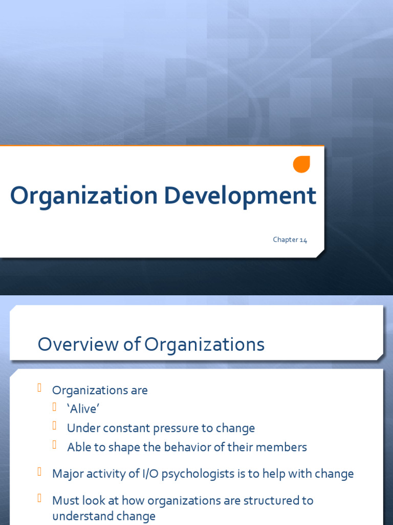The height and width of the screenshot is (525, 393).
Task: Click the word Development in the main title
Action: pos(241,196)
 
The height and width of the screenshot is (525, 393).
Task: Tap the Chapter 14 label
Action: pos(290,240)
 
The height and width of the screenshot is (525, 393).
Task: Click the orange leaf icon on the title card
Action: pos(301,165)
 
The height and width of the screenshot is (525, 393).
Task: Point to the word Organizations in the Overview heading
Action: pos(204,345)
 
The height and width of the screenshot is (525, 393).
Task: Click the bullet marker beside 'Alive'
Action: pos(55,408)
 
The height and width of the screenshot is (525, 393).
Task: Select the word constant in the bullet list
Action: pos(130,428)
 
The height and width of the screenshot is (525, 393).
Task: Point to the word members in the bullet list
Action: pos(282,447)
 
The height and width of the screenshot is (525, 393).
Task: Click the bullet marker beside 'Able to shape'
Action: pos(55,446)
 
